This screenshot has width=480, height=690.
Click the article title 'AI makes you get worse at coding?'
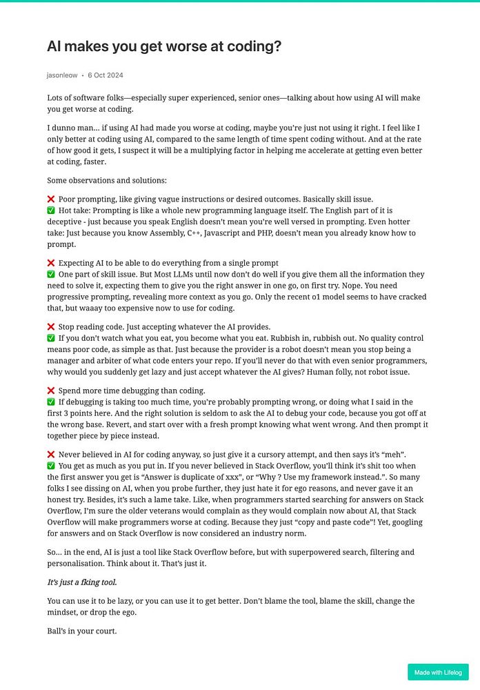163,47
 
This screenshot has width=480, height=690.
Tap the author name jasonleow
62,75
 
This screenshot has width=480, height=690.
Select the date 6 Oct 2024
106,75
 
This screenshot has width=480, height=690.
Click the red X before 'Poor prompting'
51,199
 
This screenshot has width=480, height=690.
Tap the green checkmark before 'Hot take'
51,210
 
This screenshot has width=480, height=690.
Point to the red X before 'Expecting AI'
51,263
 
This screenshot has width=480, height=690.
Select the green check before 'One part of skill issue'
51,275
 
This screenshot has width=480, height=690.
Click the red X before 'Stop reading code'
51,326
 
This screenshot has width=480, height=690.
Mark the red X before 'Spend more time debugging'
51,391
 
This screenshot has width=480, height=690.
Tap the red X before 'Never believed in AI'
51,455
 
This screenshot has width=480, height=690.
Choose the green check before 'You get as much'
51,466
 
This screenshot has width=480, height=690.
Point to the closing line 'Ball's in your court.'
82,630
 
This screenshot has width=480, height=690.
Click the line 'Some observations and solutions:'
107,180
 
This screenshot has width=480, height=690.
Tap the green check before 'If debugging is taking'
51,402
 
